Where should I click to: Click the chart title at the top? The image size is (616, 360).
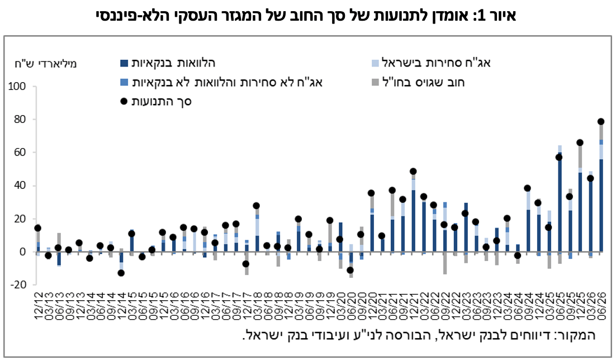[306, 16]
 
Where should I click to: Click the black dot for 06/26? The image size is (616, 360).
[601, 121]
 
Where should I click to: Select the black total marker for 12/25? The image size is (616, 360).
[580, 143]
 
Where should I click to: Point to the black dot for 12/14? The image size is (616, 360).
[121, 273]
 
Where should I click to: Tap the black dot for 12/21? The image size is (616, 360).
[413, 172]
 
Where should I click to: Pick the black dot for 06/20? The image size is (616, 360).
[350, 271]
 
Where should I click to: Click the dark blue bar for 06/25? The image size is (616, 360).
[560, 202]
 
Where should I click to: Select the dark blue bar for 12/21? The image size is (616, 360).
[413, 221]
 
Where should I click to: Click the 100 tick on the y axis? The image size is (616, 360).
[17, 87]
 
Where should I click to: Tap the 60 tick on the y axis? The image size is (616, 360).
[20, 153]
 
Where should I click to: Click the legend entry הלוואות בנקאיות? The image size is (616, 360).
[168, 63]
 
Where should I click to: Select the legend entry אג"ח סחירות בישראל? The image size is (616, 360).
[431, 63]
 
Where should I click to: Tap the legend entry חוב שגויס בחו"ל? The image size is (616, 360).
[418, 82]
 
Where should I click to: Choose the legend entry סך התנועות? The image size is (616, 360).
[157, 101]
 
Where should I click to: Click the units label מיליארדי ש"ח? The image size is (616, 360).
[46, 64]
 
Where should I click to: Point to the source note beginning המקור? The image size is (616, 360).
[419, 335]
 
